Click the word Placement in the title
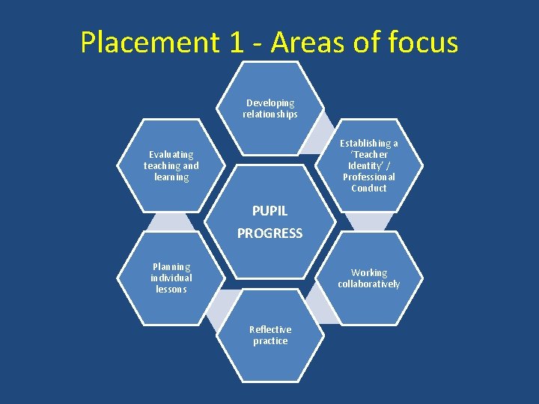tap(150, 43)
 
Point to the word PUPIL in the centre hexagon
tap(269, 211)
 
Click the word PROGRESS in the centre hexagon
tap(269, 233)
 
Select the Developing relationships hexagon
tap(269, 108)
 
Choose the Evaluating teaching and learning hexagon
tap(171, 165)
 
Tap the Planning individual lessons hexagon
tap(171, 278)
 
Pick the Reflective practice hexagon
tap(270, 335)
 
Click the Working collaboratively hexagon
tap(369, 278)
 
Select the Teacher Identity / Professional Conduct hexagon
tap(369, 165)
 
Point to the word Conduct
tap(369, 189)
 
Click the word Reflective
tap(270, 330)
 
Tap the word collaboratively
tap(369, 284)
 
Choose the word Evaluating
tap(171, 155)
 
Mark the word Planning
tap(171, 267)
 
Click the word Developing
tap(270, 103)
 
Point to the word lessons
tap(171, 290)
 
